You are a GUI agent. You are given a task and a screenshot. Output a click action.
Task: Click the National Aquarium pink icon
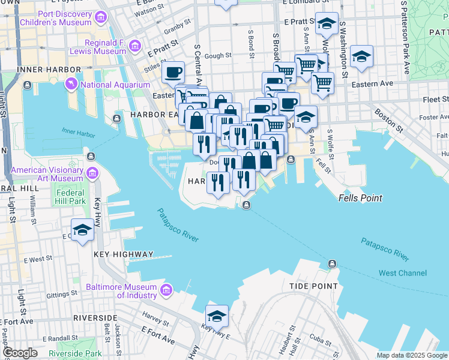point(72,85)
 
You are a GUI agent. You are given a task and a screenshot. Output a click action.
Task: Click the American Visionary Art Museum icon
point(92,174)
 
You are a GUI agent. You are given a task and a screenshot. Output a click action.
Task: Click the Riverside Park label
point(75,353)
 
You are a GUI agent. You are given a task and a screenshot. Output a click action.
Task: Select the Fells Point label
point(360,197)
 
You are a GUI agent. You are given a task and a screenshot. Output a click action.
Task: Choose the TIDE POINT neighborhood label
point(313,286)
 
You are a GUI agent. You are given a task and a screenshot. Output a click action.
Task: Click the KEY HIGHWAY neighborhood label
point(123,254)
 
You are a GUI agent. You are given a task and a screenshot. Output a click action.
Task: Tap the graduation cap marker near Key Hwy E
point(217,316)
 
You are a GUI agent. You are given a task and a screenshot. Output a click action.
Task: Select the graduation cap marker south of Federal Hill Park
point(82,230)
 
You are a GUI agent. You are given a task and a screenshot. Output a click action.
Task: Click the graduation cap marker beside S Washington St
point(361,56)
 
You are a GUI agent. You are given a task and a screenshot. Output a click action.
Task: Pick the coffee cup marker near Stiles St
point(173,73)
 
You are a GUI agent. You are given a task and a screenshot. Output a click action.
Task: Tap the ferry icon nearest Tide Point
point(331,264)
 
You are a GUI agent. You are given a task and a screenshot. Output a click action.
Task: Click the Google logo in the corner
point(20,353)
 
